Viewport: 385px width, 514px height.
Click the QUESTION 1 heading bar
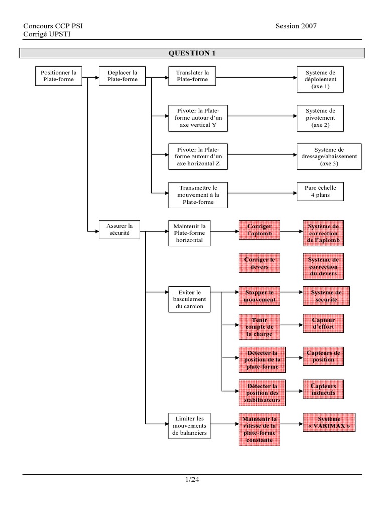pos(192,53)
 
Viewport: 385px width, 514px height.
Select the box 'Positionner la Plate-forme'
pos(59,76)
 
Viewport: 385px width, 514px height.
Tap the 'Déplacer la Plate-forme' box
pos(122,76)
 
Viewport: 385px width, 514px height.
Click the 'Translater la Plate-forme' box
pos(192,76)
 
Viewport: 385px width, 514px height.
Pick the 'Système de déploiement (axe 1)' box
pos(320,80)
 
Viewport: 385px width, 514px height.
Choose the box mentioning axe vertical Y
pos(198,118)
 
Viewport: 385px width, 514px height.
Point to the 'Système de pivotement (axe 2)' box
pos(320,118)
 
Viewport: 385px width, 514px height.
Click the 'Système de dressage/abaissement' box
pos(329,157)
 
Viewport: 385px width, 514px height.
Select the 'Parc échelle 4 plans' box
pos(320,191)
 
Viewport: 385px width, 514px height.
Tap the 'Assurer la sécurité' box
pos(119,229)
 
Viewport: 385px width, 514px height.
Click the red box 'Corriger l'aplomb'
pos(259,230)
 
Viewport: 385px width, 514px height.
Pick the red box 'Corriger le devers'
pos(259,263)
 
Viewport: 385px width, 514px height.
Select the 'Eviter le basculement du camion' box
pos(189,299)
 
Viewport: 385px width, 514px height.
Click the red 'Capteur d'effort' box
pos(323,324)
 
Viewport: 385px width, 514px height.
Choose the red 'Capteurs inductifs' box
pos(323,390)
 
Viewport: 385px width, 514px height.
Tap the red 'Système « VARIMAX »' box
pos(329,422)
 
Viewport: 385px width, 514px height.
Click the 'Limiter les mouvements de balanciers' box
pos(189,426)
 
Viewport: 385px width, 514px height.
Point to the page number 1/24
pos(192,479)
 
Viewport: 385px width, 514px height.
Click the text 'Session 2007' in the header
pos(296,26)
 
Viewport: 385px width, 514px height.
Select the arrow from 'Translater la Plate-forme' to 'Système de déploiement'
pos(256,78)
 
